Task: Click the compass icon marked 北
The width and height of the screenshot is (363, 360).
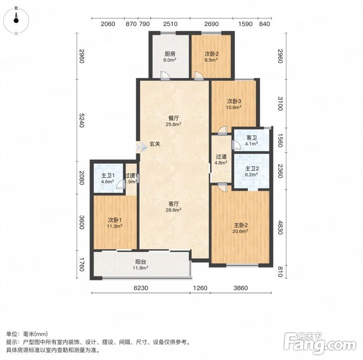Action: (16, 20)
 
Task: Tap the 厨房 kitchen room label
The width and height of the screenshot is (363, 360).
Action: (170, 54)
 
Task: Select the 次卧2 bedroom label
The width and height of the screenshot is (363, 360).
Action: (211, 54)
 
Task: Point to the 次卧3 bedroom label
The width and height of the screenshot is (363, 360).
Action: (234, 101)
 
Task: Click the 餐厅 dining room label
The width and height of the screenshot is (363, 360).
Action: (173, 118)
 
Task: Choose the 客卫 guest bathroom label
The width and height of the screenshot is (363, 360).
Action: (252, 138)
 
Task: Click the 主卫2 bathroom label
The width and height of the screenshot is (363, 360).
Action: (252, 169)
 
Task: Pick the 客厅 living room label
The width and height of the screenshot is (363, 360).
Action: (173, 204)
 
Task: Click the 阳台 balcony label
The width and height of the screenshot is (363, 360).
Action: (140, 262)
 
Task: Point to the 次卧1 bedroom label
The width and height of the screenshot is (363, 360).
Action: (115, 220)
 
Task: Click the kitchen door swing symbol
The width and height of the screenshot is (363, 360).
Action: (165, 76)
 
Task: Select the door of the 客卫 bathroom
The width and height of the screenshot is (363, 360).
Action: (236, 145)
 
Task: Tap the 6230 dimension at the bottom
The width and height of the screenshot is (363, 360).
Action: (141, 288)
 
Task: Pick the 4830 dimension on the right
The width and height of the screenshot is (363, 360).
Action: (280, 228)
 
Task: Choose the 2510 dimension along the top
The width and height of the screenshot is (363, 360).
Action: (170, 24)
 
